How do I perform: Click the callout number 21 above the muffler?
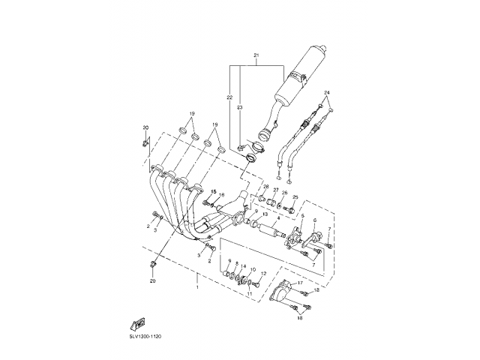256,57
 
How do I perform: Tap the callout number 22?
230,98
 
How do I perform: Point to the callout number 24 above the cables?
327,91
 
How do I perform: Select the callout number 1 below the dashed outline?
197,287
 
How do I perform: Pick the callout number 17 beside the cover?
298,283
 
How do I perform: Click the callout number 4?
277,218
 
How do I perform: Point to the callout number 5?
302,216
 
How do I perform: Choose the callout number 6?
314,220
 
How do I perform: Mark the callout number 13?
244,214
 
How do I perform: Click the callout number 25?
295,196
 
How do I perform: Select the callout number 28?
265,186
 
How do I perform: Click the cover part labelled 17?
278,292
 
